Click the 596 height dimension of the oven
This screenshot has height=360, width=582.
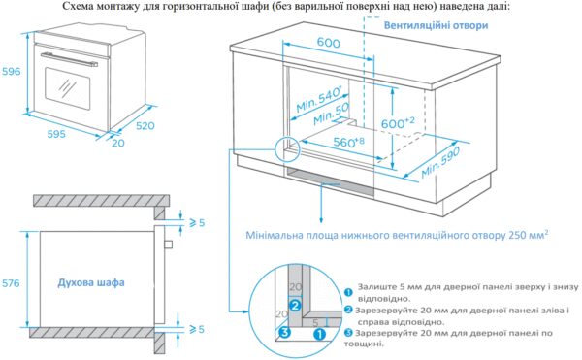pos(11,71)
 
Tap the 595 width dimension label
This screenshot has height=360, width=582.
pos(56,134)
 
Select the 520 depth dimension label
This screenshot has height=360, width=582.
pos(145,126)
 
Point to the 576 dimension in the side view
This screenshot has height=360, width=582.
pos(11,283)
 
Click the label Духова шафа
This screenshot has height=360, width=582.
pos(91,282)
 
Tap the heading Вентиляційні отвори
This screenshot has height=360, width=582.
pos(436,25)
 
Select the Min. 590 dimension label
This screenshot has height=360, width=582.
pos(440,162)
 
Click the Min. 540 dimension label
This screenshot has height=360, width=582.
pos(319,99)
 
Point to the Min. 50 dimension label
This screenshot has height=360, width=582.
pos(332,114)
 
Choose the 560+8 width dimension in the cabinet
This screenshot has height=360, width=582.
pos(348,142)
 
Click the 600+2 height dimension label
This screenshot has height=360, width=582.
pos(398,122)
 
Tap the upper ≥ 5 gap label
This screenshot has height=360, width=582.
pos(197,222)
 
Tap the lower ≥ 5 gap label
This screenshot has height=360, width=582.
pos(197,329)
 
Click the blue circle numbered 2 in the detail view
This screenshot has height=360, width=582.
pos(295,306)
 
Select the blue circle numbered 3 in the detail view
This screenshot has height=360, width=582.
pos(284,332)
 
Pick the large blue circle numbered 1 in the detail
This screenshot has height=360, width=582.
pos(319,334)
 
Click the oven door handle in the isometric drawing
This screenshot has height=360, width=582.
pos(70,59)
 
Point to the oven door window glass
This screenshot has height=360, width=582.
pos(68,88)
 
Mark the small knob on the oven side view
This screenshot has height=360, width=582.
pos(169,245)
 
